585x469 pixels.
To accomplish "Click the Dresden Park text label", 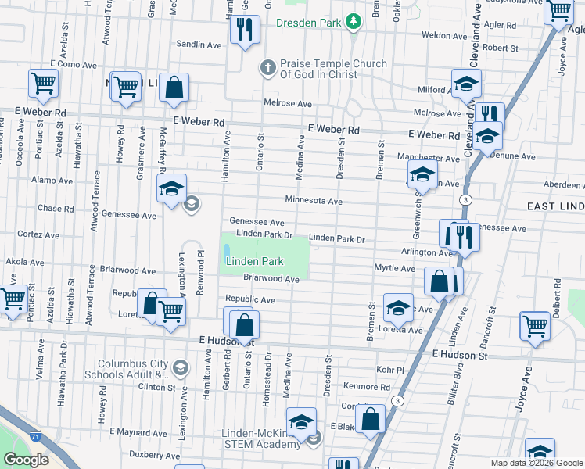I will point(309,23).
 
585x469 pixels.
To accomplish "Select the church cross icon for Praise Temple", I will point(267,68).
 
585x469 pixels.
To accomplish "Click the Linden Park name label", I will point(254,260).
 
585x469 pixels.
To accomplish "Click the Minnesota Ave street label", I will point(314,201).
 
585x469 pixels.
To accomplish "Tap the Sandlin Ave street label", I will point(199,45).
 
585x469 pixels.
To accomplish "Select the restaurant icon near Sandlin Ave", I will point(245,30).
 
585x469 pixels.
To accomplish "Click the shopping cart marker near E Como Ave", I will point(44,83).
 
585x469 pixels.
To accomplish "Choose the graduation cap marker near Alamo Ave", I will point(172,188).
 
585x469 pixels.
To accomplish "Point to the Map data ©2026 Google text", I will point(536,463).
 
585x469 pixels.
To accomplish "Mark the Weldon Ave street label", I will point(443,35).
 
